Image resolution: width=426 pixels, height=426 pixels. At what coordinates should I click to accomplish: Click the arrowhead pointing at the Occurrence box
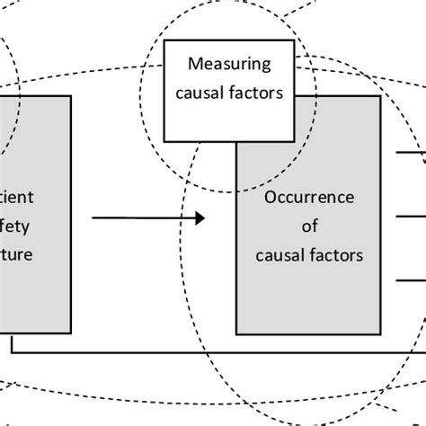pyautogui.click(x=201, y=217)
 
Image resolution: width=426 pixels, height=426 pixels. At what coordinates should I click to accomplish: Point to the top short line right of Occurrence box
pyautogui.click(x=411, y=153)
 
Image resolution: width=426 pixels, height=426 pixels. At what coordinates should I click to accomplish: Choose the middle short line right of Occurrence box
pyautogui.click(x=411, y=216)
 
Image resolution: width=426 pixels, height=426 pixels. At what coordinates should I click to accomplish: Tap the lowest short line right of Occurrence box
pyautogui.click(x=411, y=280)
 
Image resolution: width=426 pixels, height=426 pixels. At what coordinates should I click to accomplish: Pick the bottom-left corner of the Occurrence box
pyautogui.click(x=236, y=335)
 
